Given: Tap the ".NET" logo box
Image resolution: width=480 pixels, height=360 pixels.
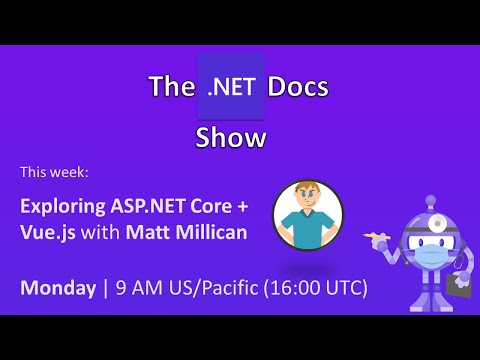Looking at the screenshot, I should tap(232, 87).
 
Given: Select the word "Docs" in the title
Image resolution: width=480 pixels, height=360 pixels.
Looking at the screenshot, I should tap(297, 87).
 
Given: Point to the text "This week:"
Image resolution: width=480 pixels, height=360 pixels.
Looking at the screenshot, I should tap(55, 172).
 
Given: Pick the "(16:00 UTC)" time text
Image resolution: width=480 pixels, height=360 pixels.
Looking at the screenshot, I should tap(318, 288).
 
